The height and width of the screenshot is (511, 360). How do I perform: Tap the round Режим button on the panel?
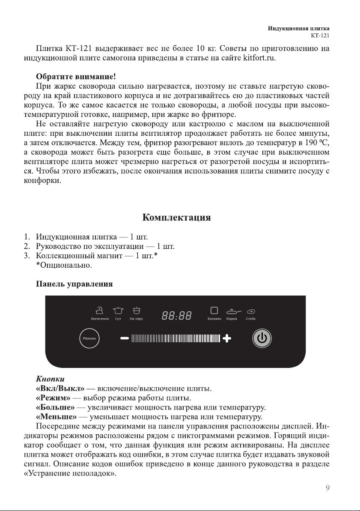[89, 339]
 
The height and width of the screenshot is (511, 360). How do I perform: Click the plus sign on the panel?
[226, 339]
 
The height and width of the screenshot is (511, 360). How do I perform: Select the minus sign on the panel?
[125, 338]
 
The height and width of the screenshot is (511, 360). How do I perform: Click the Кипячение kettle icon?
[100, 310]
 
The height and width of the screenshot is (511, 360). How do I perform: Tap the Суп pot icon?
[119, 310]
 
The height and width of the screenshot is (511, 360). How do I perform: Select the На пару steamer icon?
[137, 310]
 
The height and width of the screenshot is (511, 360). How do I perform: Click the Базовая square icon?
[214, 310]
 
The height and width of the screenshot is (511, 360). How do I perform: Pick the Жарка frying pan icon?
[234, 311]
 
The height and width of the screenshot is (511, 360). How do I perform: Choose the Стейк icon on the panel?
[251, 311]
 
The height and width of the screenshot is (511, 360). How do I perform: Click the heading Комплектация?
[176, 218]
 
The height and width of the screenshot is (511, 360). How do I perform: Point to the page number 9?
[327, 487]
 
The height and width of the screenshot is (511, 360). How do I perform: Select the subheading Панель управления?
[74, 284]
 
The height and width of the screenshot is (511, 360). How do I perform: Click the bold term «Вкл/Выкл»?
[60, 389]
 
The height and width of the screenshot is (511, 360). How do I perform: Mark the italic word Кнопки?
[51, 380]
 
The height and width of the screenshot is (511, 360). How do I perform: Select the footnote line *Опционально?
[64, 266]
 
